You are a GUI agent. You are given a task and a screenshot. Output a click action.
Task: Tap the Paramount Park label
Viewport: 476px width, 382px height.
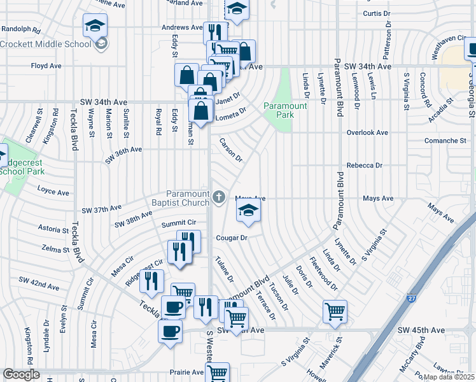coord(286,110)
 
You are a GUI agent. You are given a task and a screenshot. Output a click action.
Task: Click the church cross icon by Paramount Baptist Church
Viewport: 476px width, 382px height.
coord(220,197)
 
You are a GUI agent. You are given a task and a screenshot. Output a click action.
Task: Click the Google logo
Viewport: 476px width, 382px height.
coord(21,374)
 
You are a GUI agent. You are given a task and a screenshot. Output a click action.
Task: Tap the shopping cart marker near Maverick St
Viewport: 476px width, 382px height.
coord(335,312)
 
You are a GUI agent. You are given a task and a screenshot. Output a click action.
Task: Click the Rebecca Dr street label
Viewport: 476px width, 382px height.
coord(364,165)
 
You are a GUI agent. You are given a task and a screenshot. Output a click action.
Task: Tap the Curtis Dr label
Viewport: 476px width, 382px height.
coord(376,13)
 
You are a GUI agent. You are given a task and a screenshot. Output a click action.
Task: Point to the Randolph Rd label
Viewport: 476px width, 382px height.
coord(21,29)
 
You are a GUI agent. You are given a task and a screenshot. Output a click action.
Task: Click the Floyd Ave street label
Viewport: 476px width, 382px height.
coord(46,66)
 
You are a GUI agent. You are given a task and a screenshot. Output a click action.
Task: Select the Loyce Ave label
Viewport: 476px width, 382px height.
coord(53,192)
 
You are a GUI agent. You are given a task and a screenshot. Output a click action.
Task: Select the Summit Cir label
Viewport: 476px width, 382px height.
coord(178,223)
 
